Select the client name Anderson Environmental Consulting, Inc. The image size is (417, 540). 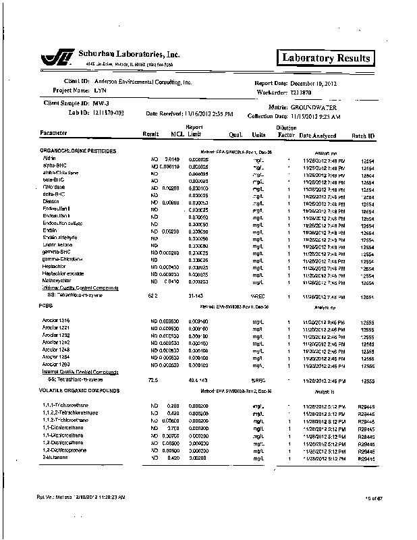(143, 82)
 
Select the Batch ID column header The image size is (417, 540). (363, 136)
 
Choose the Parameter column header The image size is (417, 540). (57, 133)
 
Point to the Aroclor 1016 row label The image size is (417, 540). (55, 319)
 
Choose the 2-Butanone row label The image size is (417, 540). (54, 458)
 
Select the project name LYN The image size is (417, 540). (100, 90)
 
